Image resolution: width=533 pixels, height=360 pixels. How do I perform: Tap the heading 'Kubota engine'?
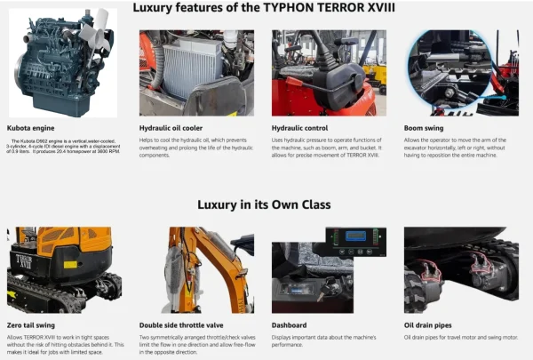coord(31,128)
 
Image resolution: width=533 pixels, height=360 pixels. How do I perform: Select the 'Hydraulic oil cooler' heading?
coord(168,128)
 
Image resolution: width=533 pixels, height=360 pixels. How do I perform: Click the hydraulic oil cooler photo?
coord(196,72)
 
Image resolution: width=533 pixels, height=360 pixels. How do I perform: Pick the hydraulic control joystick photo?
coord(328,72)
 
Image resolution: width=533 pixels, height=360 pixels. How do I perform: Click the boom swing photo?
coord(460,72)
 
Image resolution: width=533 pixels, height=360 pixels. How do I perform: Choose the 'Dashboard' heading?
coord(290,325)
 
